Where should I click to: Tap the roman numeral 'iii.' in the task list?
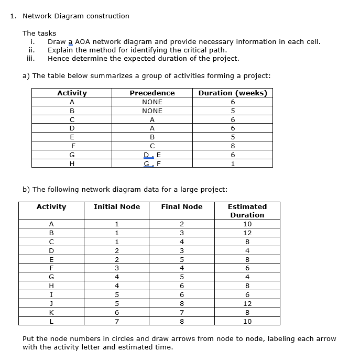pos(31,59)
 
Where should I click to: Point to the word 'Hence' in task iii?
pos(58,59)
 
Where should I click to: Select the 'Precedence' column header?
pos(152,93)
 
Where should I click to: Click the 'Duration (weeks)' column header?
pos(233,93)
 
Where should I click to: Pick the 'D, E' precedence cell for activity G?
pos(152,155)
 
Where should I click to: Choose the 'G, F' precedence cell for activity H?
pos(152,163)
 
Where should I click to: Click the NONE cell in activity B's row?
pos(152,111)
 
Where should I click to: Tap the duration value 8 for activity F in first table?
pos(233,146)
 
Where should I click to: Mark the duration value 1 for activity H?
pos(233,163)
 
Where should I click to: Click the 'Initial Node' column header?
pos(116,207)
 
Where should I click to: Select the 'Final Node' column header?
pos(181,207)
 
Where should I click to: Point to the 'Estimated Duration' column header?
pos(247,211)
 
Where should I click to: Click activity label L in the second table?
pos(51,321)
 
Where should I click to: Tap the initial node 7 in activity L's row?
pos(116,321)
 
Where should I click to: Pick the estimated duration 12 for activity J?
pos(247,303)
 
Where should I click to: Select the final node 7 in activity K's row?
pos(181,312)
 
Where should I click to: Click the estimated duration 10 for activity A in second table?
pos(247,224)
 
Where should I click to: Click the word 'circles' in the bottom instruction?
pos(122,339)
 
